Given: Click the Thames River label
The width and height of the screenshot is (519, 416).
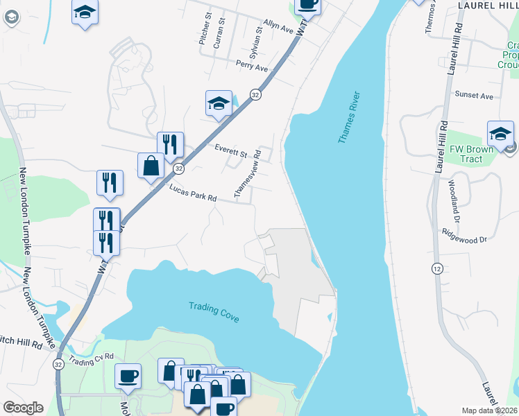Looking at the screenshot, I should [x=350, y=117].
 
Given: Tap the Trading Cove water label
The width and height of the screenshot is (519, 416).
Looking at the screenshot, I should [x=214, y=311].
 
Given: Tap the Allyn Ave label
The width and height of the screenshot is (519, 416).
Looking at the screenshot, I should [x=279, y=27].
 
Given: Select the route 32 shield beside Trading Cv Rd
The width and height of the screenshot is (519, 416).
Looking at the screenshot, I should [x=58, y=363].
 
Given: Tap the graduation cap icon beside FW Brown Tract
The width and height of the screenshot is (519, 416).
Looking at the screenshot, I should [x=500, y=132].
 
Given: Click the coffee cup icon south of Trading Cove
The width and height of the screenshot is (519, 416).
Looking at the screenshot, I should [x=128, y=375].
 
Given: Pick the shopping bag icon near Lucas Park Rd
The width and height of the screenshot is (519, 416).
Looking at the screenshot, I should [x=151, y=165].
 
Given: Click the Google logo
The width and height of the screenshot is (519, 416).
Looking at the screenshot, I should [x=23, y=408].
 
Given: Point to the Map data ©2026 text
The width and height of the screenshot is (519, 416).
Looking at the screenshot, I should [x=489, y=410].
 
